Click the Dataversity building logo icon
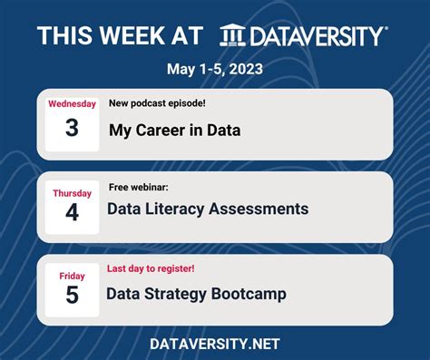coord(233,35)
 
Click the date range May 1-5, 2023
coord(215,69)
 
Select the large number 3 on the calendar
coord(72,128)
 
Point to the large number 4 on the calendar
coord(72,212)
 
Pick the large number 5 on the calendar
coord(72,296)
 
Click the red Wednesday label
coord(72,103)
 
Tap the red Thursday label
coord(72,193)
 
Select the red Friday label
coord(72,276)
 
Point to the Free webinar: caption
coord(138,187)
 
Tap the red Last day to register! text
coord(151,268)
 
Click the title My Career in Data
coord(175,130)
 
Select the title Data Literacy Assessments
coord(208,209)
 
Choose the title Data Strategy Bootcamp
coord(196,294)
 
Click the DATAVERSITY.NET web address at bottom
coord(215,344)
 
